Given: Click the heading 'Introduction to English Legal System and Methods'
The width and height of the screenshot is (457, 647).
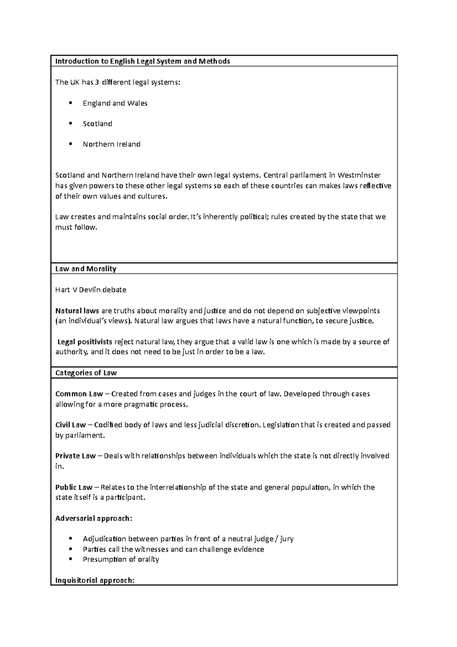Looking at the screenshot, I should [x=142, y=61].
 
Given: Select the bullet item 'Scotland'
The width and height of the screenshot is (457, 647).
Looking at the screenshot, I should [x=97, y=124].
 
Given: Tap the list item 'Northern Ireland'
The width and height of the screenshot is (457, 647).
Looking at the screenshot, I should [x=112, y=144].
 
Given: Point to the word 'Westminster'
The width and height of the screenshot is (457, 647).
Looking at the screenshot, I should [x=359, y=176].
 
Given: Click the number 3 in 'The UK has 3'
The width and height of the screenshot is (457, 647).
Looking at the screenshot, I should [x=97, y=82].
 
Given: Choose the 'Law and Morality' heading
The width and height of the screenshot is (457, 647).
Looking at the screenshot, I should [x=86, y=269].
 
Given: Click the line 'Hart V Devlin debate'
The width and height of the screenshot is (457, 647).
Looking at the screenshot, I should [x=91, y=290].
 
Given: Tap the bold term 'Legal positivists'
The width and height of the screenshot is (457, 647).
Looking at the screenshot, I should [x=85, y=342].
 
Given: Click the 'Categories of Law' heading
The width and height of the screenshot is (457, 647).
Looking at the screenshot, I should [x=86, y=373].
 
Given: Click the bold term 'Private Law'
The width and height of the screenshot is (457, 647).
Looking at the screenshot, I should [x=75, y=456].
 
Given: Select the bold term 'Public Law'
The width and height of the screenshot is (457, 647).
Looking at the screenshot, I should [x=74, y=487].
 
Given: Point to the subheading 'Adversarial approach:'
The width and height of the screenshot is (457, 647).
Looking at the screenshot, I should [x=94, y=518].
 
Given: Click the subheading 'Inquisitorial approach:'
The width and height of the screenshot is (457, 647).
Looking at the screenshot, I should [x=95, y=580].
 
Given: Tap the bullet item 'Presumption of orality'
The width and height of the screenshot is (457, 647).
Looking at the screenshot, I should [x=121, y=559].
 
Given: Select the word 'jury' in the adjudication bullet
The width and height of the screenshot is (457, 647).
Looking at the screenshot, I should [x=286, y=539].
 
